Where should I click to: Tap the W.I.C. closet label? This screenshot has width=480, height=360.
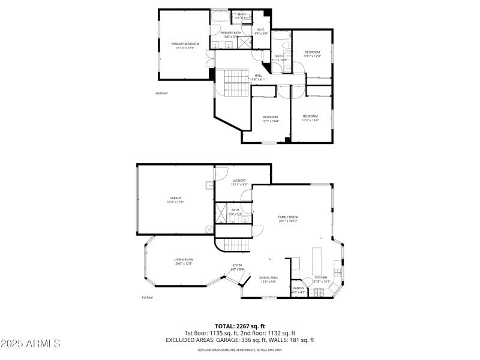[x=261, y=31]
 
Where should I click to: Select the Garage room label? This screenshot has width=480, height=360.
[x=175, y=200]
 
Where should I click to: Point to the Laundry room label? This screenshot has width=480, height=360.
[x=239, y=182]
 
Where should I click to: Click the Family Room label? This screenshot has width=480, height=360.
[x=288, y=218]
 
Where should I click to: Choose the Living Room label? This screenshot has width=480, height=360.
[x=184, y=261]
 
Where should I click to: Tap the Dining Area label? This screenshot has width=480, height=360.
[x=268, y=279]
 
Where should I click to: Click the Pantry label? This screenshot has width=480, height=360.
[x=298, y=290]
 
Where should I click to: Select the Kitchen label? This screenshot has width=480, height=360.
[x=322, y=279]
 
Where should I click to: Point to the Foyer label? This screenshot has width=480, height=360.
[x=238, y=268]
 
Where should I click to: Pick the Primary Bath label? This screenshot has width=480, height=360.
[x=230, y=35]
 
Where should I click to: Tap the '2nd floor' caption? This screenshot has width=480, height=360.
[x=161, y=93]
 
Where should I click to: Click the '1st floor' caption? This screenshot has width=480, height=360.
[x=147, y=297]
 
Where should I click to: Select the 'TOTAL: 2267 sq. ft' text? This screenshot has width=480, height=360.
[x=240, y=326]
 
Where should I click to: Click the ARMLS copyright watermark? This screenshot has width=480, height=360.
[x=31, y=344]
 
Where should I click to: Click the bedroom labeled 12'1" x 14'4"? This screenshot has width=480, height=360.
[x=270, y=118]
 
